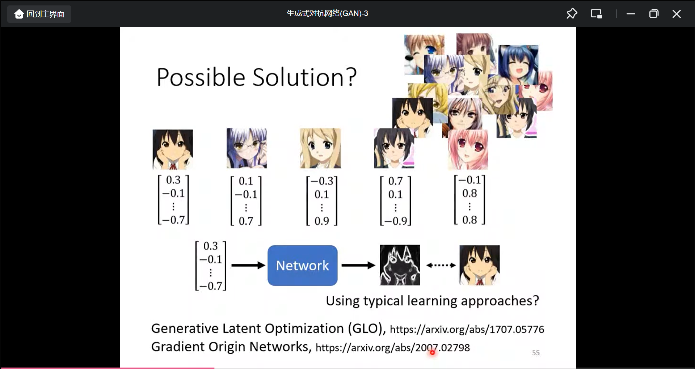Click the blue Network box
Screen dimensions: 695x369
pos(302,266)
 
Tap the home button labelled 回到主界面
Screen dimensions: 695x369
pos(39,14)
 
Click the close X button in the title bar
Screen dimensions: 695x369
pos(676,14)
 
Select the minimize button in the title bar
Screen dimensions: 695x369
pos(631,14)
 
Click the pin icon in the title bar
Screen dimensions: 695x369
pos(572,14)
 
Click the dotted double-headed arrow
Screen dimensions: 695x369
pos(441,265)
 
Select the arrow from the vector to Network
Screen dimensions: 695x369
pos(248,266)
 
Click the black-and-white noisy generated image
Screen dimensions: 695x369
pos(400,265)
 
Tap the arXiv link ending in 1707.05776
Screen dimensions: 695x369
pos(467,329)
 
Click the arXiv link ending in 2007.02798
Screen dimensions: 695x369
pos(393,348)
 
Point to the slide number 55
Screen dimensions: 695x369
pos(536,353)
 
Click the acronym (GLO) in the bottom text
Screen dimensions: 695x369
pos(367,328)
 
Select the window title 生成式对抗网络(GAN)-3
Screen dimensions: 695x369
pos(327,13)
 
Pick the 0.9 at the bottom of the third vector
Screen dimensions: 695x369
pos(322,221)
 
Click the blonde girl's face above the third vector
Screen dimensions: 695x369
pos(320,148)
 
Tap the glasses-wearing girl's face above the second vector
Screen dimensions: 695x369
pos(247,148)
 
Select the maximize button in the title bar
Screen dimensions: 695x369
pos(654,14)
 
